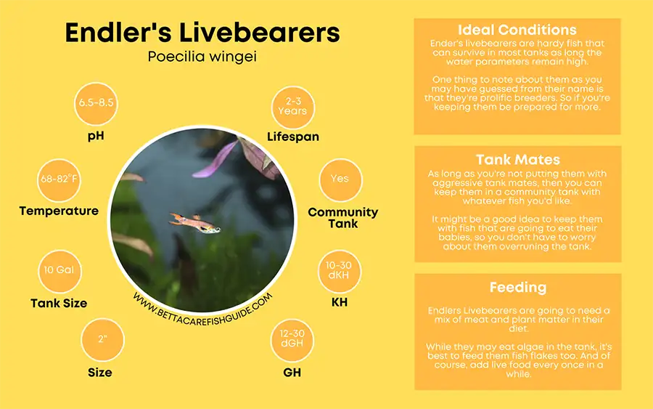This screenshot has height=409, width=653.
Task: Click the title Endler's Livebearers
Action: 202,33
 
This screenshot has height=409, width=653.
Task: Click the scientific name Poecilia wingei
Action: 202,57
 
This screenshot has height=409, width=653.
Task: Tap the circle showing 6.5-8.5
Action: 96,102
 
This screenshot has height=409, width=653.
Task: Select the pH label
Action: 96,135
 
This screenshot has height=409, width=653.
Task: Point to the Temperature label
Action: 59,211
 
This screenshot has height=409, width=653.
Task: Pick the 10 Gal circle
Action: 59,270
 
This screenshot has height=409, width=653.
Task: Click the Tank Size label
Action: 59,303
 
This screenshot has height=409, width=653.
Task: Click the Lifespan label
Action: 292,137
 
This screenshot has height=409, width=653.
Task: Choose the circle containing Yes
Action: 340,179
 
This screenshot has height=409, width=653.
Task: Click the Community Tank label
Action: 342,217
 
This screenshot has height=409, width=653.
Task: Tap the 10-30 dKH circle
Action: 340,270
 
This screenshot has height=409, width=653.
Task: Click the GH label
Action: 292,372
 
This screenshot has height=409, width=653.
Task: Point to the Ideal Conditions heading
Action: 517,31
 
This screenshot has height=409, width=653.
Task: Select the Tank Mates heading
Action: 517,159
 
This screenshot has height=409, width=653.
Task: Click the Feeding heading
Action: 517,287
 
